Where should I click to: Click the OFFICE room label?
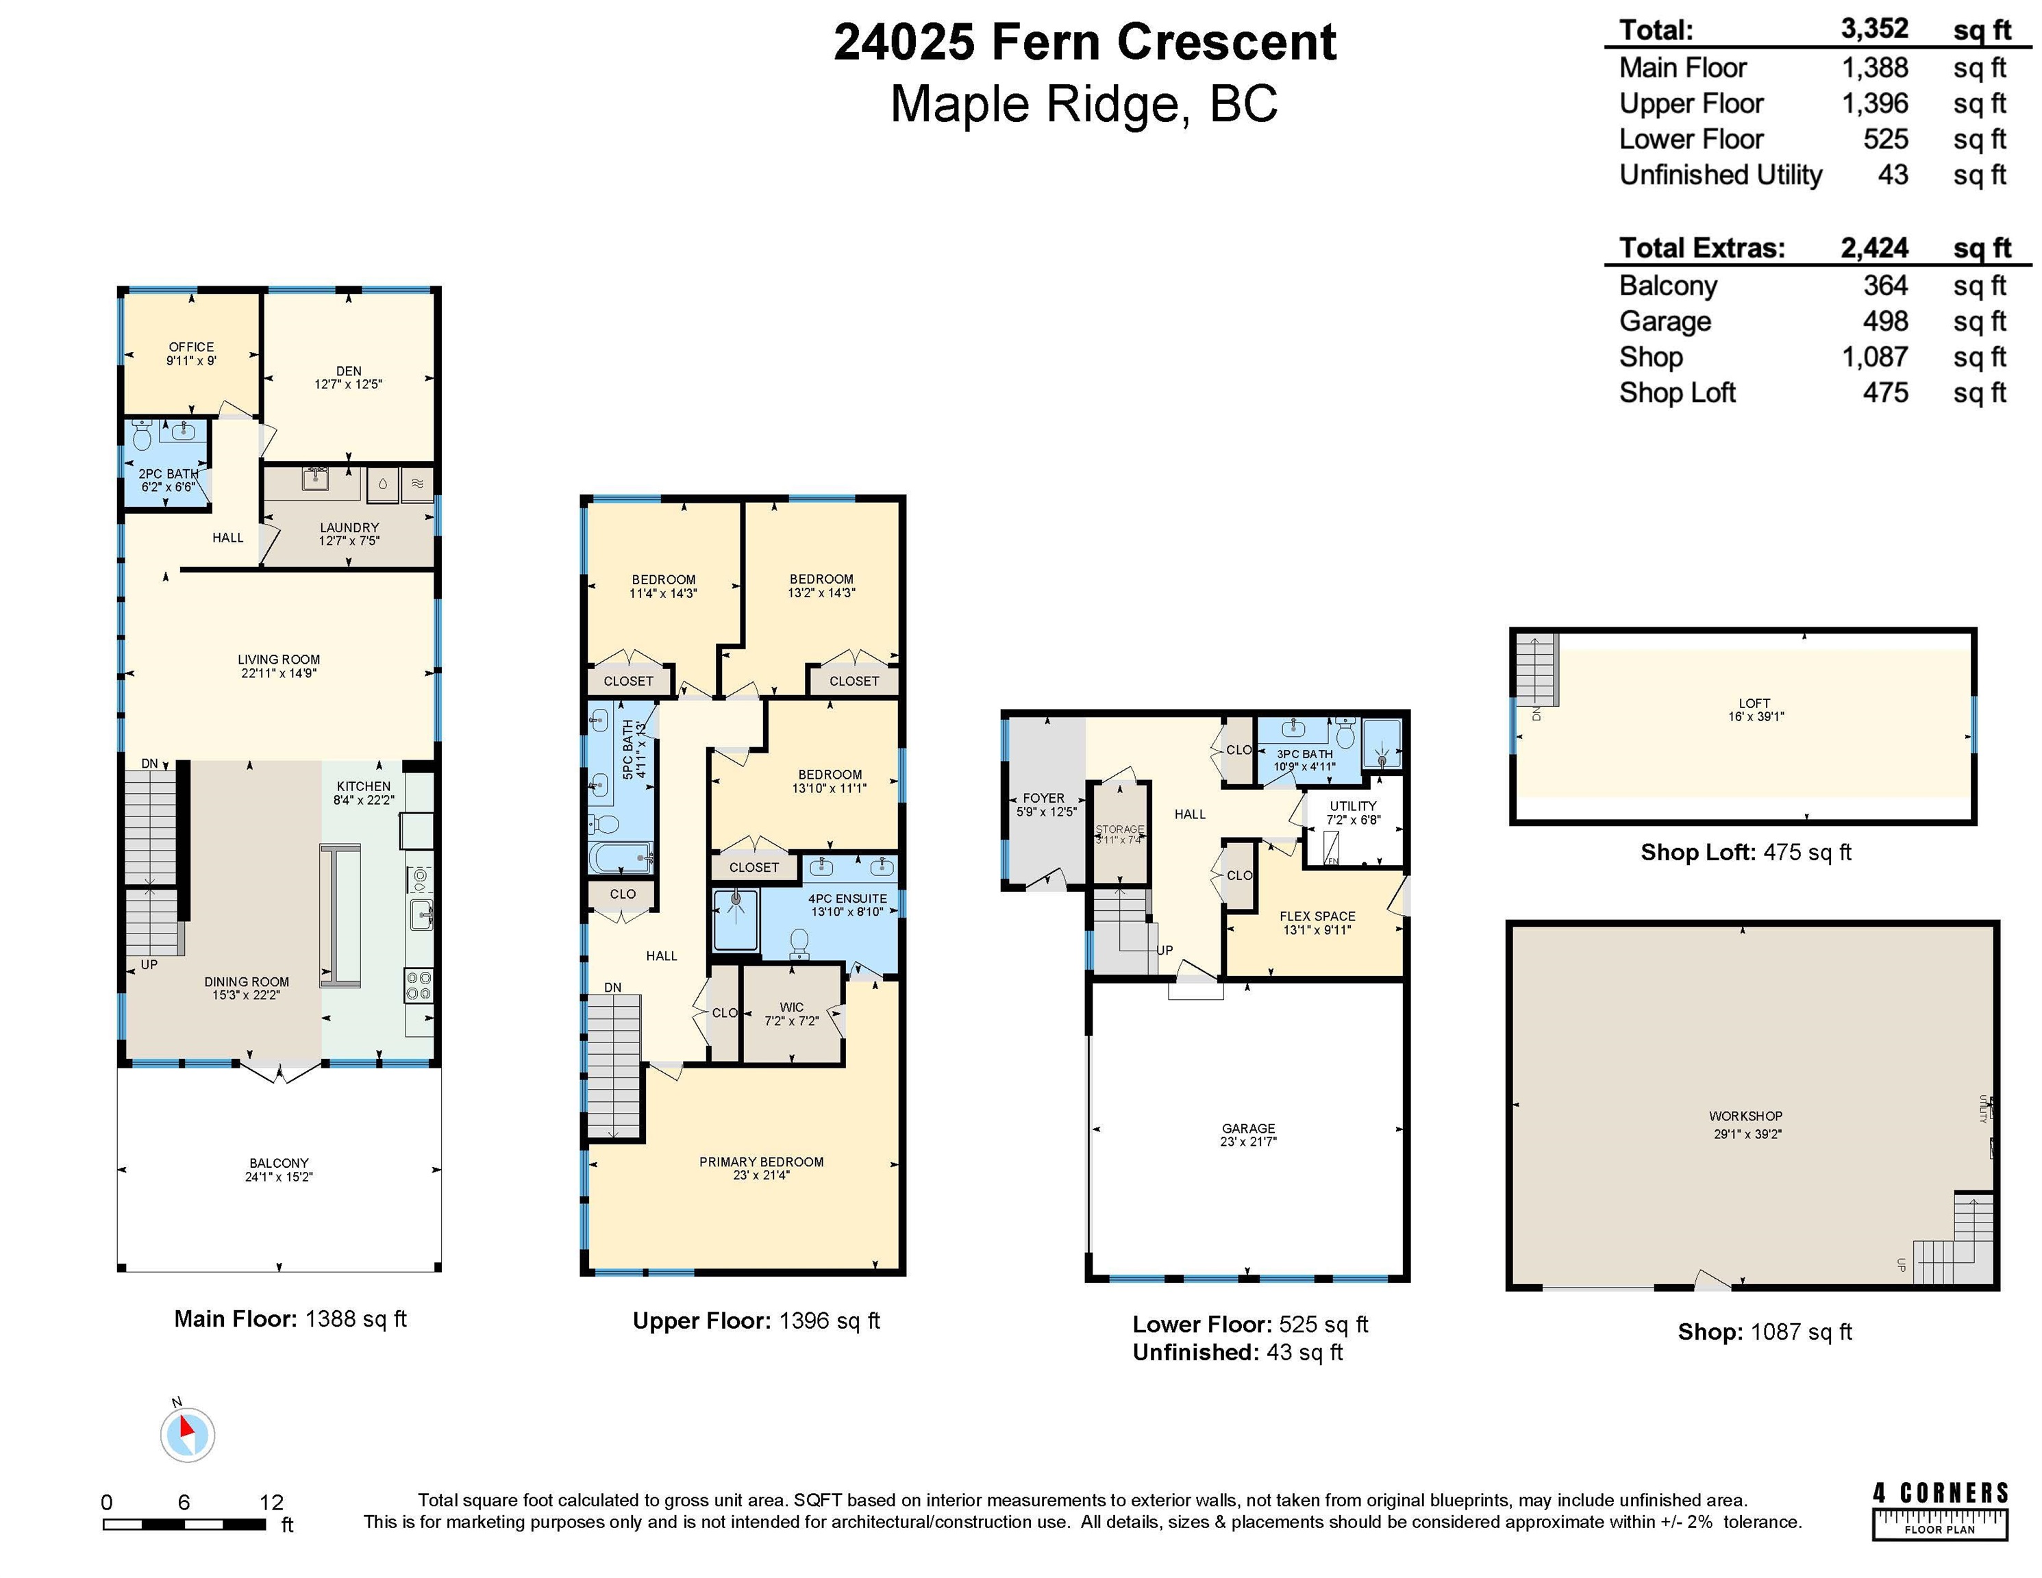pyautogui.click(x=192, y=347)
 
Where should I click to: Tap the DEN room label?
pyautogui.click(x=349, y=371)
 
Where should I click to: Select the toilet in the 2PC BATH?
pyautogui.click(x=142, y=436)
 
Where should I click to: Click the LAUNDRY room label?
pyautogui.click(x=349, y=528)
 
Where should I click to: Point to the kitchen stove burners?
pyautogui.click(x=419, y=986)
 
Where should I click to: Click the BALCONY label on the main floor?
pyautogui.click(x=279, y=1164)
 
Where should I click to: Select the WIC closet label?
pyautogui.click(x=792, y=1007)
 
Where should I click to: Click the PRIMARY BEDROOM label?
pyautogui.click(x=762, y=1162)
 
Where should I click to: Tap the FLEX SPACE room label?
pyautogui.click(x=1317, y=916)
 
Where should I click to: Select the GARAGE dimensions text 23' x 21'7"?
pyautogui.click(x=1249, y=1142)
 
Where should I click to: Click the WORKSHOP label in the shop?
pyautogui.click(x=1745, y=1116)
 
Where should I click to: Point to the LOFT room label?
pyautogui.click(x=1755, y=703)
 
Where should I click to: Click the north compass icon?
pyautogui.click(x=188, y=1434)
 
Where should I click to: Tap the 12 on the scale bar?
pyautogui.click(x=271, y=1502)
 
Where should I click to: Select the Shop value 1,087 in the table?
pyautogui.click(x=1875, y=357)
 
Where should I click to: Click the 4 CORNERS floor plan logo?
pyautogui.click(x=1940, y=1510)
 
